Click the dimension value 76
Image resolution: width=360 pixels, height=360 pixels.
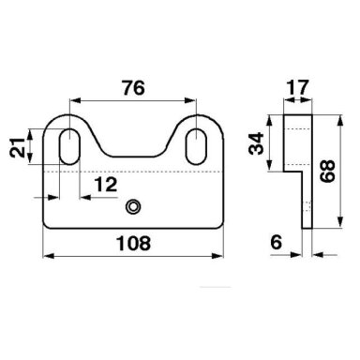pos(133,88)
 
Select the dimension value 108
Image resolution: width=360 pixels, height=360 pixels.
pos(133,243)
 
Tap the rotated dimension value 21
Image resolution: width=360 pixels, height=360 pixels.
pos(18,147)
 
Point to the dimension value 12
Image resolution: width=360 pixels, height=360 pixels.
pos(106,185)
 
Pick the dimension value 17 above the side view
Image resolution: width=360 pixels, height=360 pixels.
pos(297,88)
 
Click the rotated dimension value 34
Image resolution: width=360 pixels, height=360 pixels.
pos(256,143)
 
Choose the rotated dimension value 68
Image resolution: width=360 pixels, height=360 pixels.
pos(327,171)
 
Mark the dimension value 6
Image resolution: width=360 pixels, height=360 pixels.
pos(277,242)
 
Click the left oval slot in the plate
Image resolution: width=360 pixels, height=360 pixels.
pos(69,146)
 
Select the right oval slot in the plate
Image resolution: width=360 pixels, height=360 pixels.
pos(196,146)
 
